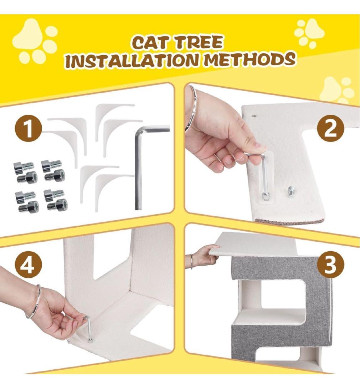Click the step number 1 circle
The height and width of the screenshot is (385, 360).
[29, 129]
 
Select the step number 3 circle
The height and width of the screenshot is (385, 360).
[330, 265]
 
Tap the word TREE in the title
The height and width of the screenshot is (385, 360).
[198, 42]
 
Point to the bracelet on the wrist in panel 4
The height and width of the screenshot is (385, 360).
[34, 302]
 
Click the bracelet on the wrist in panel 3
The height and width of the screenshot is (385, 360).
[191, 262]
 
